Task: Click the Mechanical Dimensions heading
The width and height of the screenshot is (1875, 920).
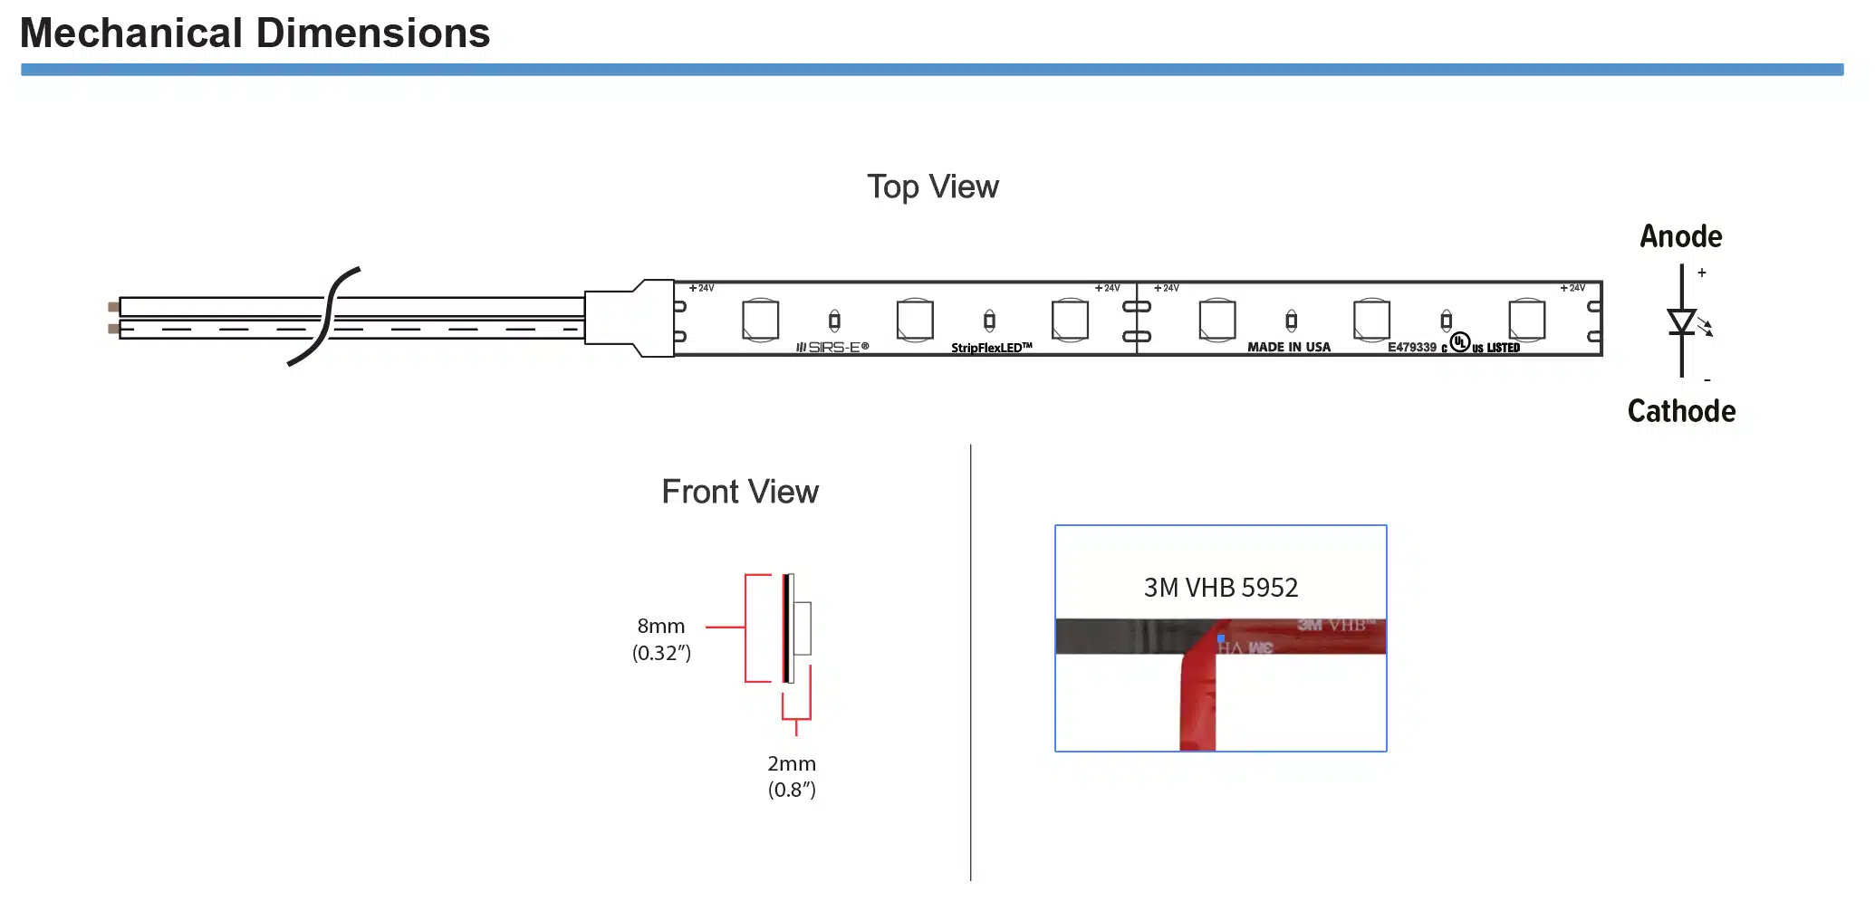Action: pyautogui.click(x=255, y=34)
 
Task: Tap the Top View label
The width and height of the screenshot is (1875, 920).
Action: pyautogui.click(x=932, y=187)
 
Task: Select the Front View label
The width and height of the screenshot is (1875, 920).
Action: pyautogui.click(x=739, y=492)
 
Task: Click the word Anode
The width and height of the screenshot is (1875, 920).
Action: pyautogui.click(x=1680, y=236)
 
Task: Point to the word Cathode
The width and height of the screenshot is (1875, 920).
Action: pyautogui.click(x=1681, y=411)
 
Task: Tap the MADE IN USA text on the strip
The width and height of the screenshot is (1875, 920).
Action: pyautogui.click(x=1288, y=347)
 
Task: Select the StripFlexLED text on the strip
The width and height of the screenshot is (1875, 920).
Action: pyautogui.click(x=991, y=348)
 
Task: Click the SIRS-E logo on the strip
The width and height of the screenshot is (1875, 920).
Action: pyautogui.click(x=832, y=347)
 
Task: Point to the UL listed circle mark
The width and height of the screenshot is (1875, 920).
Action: pyautogui.click(x=1459, y=341)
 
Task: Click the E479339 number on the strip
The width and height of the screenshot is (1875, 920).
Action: pyautogui.click(x=1411, y=347)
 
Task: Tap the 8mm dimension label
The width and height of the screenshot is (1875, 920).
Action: pyautogui.click(x=661, y=627)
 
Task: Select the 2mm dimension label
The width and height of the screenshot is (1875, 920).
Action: pyautogui.click(x=792, y=763)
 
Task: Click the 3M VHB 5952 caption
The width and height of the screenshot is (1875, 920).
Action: pyautogui.click(x=1220, y=588)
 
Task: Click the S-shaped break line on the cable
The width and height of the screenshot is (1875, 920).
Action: pyautogui.click(x=324, y=316)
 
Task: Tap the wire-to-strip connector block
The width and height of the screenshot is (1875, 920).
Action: pyautogui.click(x=629, y=318)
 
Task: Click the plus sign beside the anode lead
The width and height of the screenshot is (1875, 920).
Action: pyautogui.click(x=1702, y=273)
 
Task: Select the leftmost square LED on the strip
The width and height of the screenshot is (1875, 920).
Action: pyautogui.click(x=760, y=320)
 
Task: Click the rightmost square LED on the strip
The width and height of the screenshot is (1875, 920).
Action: pyautogui.click(x=1526, y=320)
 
